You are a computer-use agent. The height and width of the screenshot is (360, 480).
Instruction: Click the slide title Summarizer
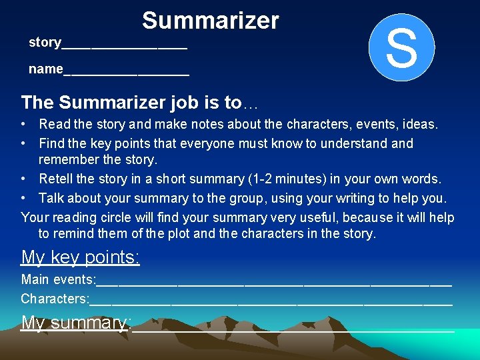210,21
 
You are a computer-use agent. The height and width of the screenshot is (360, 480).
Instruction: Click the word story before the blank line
45,43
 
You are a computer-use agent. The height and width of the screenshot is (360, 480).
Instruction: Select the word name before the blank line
45,69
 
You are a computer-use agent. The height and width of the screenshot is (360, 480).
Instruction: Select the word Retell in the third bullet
57,179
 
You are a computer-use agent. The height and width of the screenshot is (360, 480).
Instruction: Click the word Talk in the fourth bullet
52,198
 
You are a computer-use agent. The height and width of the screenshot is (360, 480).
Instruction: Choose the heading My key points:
80,257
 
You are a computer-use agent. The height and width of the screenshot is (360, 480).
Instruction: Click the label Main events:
59,279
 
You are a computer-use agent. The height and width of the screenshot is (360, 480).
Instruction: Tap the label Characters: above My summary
55,299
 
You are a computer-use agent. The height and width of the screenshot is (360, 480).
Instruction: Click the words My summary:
75,323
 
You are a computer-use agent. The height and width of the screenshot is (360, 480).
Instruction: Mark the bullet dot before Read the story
23,124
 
